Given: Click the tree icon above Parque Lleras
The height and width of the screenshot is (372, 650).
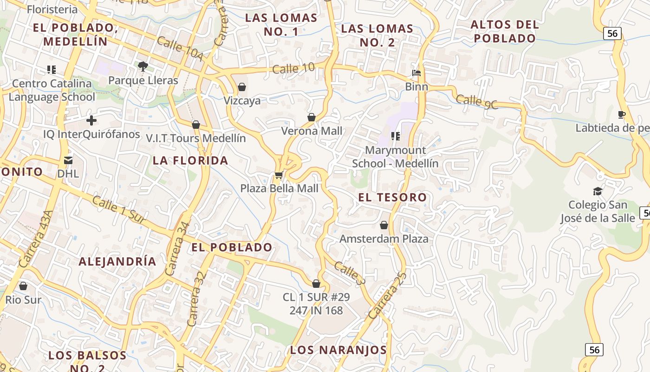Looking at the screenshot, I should coord(143,66).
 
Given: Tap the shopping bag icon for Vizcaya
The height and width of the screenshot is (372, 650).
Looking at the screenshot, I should coord(241,87).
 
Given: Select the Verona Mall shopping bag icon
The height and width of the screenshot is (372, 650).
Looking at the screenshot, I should coord(312,117).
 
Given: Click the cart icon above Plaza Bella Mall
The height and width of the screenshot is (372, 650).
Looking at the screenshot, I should coord(279,175).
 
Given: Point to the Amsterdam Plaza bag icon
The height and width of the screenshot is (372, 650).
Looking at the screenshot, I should coord(384,225).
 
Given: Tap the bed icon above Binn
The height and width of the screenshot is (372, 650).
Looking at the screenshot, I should coord(416,73).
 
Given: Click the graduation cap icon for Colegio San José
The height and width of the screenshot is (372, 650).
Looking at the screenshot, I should coord(598,191).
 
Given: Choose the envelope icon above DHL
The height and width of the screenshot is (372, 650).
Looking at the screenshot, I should coord(68,160).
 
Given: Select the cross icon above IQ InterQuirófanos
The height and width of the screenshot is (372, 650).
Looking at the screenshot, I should coord(91,120).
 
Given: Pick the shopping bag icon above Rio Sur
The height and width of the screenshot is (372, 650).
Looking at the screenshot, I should coord(23,286).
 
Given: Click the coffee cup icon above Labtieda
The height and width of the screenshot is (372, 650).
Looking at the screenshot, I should coord(622,114).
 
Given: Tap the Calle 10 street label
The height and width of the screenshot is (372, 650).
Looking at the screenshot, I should coord(293,68).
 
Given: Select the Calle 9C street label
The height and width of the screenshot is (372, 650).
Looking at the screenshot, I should coord(477,102).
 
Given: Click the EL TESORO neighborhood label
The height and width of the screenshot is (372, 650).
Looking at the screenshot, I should coord(392,197).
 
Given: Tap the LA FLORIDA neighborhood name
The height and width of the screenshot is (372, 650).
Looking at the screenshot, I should coord(190,160).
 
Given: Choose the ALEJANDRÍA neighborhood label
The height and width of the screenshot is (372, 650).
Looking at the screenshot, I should coord(117,261).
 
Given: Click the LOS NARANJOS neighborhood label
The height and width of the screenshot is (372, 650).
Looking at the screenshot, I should coord(338,350).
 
